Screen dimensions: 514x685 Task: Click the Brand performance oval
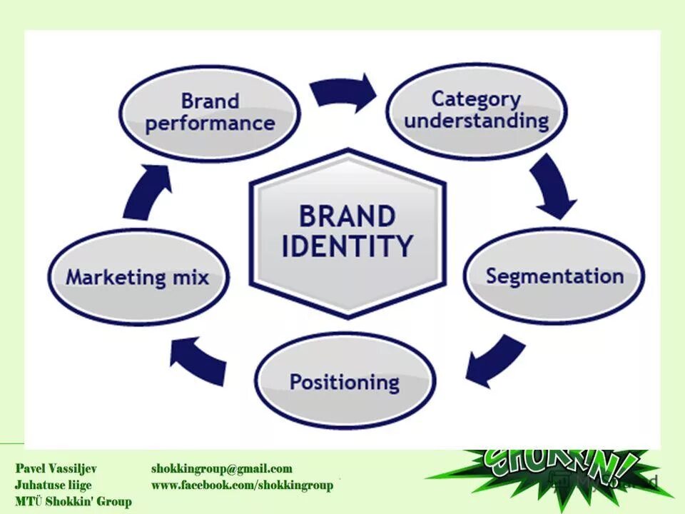(209, 113)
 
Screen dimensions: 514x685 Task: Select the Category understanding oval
(477, 110)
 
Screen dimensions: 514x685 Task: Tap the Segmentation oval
(554, 276)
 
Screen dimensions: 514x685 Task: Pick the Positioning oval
(344, 381)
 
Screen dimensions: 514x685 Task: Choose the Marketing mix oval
(138, 277)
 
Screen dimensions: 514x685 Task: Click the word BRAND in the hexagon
(347, 216)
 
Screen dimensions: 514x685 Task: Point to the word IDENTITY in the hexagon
(347, 246)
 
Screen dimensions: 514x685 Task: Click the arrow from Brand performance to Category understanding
(345, 92)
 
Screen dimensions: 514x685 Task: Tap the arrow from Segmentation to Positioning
(497, 361)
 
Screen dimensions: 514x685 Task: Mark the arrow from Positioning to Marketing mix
(199, 361)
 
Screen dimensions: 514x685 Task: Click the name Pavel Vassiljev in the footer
(56, 469)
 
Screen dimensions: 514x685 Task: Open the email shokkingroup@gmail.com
(222, 469)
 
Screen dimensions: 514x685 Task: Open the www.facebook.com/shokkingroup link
(242, 485)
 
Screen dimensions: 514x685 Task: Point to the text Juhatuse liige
(54, 485)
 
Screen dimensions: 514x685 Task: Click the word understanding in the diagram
(477, 121)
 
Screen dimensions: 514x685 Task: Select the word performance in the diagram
(209, 124)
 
